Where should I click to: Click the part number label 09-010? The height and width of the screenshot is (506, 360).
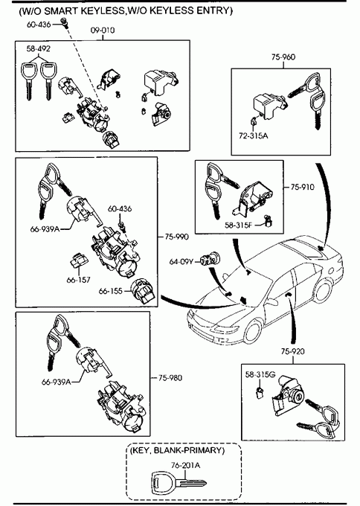click(x=103, y=31)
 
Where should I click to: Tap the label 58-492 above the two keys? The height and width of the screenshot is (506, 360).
click(x=39, y=48)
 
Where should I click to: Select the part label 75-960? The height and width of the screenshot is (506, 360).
click(x=283, y=57)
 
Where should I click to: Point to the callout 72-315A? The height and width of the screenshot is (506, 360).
click(x=253, y=135)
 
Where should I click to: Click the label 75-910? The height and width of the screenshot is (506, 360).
click(x=302, y=188)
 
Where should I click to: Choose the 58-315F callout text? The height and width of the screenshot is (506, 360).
click(x=239, y=225)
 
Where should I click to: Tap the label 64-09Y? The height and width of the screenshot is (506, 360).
click(x=181, y=261)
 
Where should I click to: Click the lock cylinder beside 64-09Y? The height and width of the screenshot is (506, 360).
click(x=209, y=260)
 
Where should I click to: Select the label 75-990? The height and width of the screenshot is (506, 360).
click(x=177, y=237)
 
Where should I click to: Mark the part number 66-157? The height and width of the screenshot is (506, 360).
click(x=78, y=280)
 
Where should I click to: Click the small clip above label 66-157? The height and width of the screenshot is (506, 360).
click(x=78, y=260)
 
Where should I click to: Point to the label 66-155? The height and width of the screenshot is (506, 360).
click(x=111, y=291)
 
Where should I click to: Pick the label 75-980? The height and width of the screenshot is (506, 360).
click(x=170, y=377)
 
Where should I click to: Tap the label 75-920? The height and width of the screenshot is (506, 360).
click(x=292, y=351)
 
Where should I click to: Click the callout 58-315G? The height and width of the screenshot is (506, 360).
click(x=260, y=374)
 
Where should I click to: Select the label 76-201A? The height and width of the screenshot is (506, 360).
click(x=185, y=465)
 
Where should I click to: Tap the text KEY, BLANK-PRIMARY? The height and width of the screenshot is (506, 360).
click(x=177, y=450)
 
